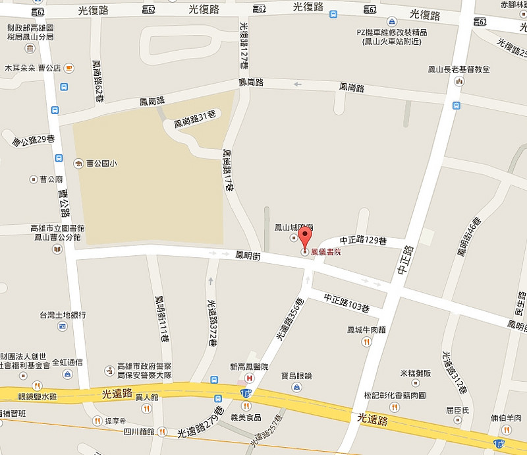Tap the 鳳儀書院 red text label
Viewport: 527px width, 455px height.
tap(326, 252)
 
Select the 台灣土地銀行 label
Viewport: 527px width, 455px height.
tap(63, 315)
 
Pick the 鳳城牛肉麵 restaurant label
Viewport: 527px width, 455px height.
tap(365, 330)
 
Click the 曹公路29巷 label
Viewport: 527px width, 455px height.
tap(33, 140)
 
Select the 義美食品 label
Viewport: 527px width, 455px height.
tap(245, 417)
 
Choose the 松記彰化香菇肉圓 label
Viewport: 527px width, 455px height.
tap(395, 396)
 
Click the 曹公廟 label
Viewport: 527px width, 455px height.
tap(51, 179)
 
